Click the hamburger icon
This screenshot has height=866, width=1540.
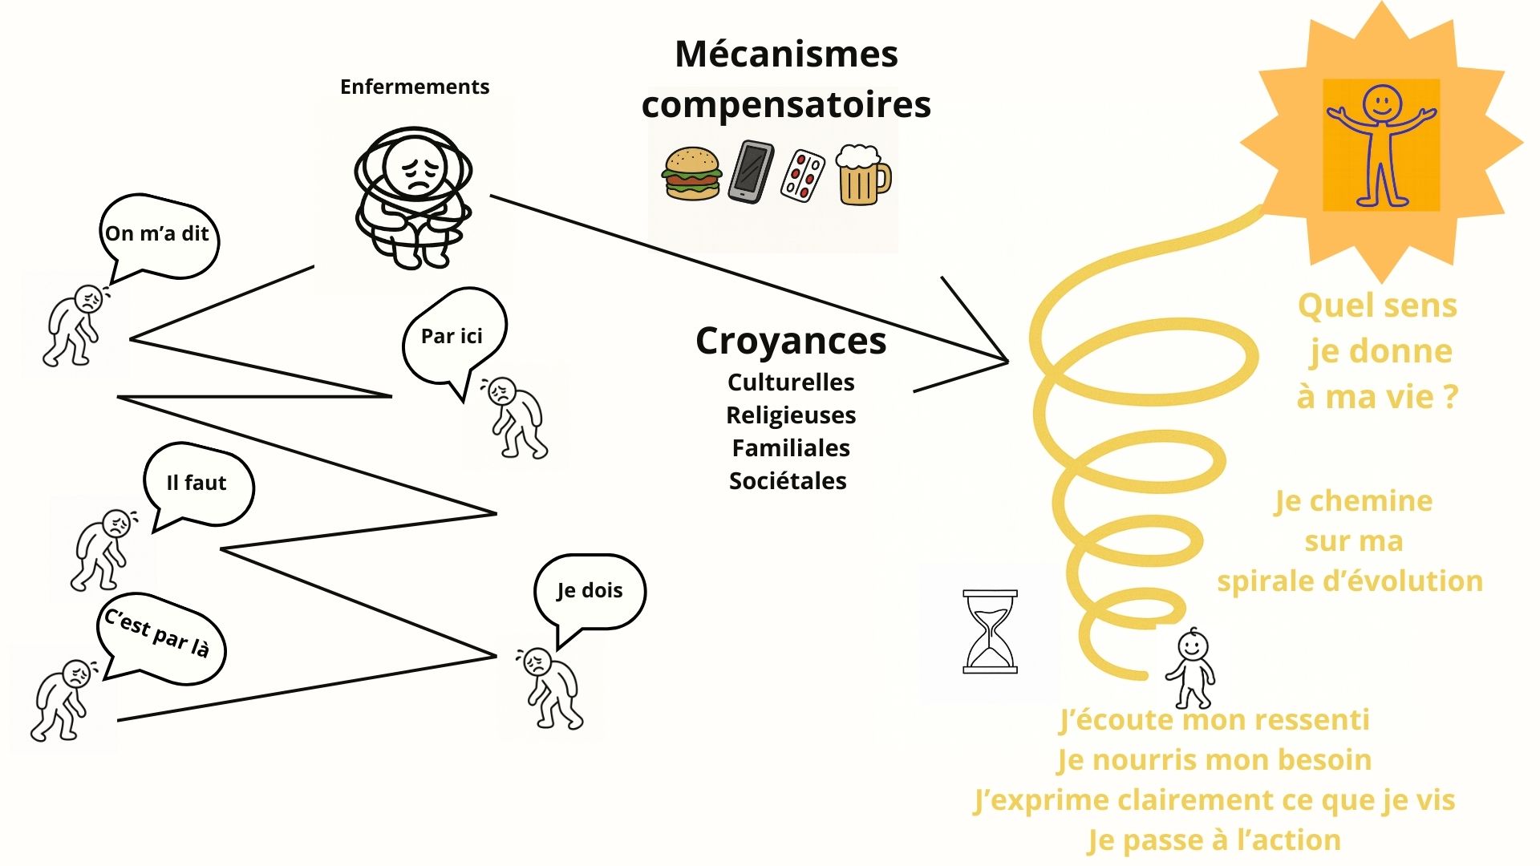(691, 172)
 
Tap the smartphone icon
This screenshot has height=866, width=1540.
(752, 172)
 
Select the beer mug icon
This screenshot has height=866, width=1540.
(862, 175)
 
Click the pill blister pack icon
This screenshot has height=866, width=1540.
(803, 175)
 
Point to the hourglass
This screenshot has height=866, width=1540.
(990, 632)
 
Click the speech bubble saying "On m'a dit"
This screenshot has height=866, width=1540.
(158, 234)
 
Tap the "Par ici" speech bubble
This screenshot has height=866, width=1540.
(452, 336)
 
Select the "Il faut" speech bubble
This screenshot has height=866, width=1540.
(197, 483)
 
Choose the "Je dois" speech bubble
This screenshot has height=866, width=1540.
(590, 590)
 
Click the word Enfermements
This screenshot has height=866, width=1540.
(415, 87)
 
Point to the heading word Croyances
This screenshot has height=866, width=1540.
(791, 341)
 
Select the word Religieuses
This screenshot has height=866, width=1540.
(791, 415)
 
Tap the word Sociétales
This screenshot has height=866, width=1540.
(788, 481)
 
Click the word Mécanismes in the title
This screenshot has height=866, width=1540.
(786, 55)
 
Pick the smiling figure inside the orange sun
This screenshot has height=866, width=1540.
(1380, 144)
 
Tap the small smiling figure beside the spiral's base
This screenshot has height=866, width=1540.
(1192, 668)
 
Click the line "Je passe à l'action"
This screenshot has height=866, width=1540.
(1214, 840)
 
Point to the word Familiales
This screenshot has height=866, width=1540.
(791, 448)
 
